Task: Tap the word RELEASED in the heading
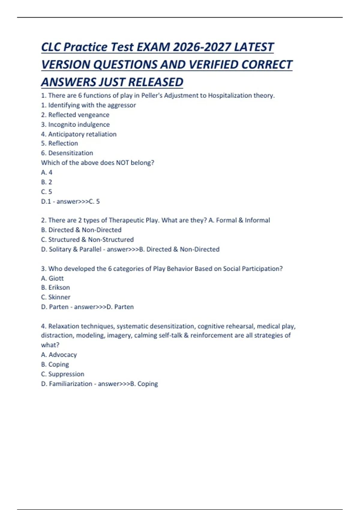(x=156, y=82)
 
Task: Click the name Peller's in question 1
(x=152, y=95)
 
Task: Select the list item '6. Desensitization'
(x=67, y=153)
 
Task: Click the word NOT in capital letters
(x=122, y=163)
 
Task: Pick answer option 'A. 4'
(x=46, y=172)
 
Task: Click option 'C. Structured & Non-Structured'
(x=87, y=240)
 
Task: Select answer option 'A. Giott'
(x=52, y=278)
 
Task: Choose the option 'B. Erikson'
(x=55, y=287)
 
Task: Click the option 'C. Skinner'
(x=55, y=297)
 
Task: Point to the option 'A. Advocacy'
(x=59, y=355)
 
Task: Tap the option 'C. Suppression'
(x=62, y=374)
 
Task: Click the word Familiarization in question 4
(x=70, y=384)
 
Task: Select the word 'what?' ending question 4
(x=50, y=345)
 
